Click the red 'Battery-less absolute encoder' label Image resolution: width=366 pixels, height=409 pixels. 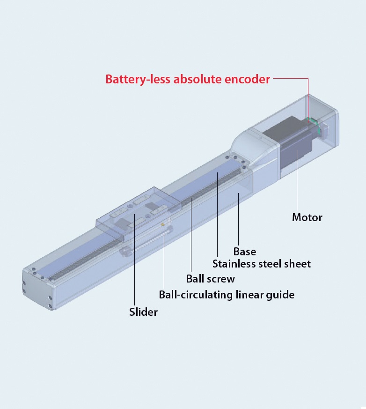[188, 79]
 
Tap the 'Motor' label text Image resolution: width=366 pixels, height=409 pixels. [307, 217]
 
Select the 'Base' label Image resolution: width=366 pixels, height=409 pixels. [245, 252]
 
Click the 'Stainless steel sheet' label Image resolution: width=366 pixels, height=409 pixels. [262, 264]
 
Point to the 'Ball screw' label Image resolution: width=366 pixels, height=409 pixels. [211, 279]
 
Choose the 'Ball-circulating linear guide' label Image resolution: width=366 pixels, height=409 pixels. [227, 295]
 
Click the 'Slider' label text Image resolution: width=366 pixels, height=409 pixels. [143, 312]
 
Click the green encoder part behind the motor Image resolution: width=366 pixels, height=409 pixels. [314, 123]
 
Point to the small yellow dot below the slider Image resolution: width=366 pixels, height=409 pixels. [163, 224]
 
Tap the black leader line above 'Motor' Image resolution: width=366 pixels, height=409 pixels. [297, 180]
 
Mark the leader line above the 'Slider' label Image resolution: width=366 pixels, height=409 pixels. [134, 260]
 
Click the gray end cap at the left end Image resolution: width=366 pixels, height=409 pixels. [38, 289]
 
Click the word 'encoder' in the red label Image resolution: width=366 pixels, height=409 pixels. [247, 79]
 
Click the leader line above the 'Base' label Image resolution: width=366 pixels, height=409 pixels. [238, 219]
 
